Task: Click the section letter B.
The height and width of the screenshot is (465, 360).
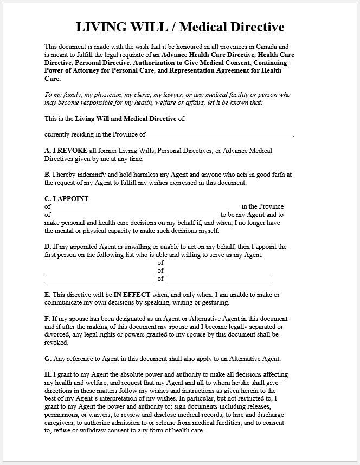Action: tap(47, 175)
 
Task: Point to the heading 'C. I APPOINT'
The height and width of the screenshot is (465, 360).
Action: tap(66, 198)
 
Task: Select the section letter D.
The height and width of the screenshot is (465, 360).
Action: tap(47, 247)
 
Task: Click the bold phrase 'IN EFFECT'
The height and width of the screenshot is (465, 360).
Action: tap(131, 295)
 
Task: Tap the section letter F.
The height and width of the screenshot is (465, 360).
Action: tap(47, 319)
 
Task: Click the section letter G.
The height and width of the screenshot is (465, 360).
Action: tap(47, 359)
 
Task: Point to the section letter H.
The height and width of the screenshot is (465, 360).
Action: tap(47, 374)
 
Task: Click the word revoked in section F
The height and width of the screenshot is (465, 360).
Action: tap(56, 343)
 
